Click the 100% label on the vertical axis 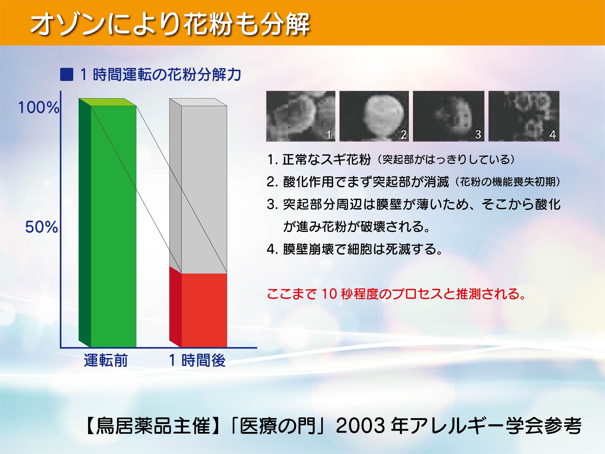[x=39, y=108]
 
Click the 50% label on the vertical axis [x=41, y=227]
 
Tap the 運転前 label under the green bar [x=106, y=360]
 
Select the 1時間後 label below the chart [x=197, y=360]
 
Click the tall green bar [x=108, y=223]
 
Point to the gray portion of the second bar [x=198, y=186]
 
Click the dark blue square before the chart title [x=67, y=75]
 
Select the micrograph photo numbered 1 [x=301, y=116]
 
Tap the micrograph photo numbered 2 [x=374, y=116]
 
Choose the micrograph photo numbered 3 [x=449, y=116]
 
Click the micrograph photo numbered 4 [x=524, y=116]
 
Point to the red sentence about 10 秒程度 [x=396, y=294]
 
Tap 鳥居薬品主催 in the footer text [x=153, y=426]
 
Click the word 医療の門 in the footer [x=278, y=426]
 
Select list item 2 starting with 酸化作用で [x=413, y=182]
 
